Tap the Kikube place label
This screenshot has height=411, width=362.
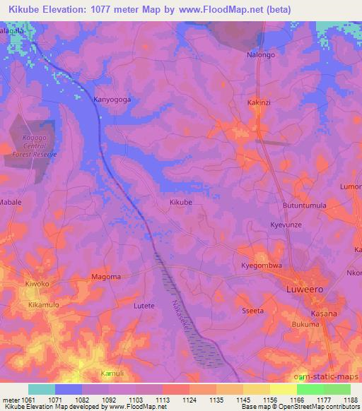click(x=181, y=202)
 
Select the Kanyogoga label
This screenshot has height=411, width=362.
click(x=112, y=100)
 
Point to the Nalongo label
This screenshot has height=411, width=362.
click(x=260, y=54)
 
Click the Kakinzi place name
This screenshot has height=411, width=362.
click(x=259, y=102)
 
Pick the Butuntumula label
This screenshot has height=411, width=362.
click(x=305, y=205)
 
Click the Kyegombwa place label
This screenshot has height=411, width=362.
click(x=262, y=266)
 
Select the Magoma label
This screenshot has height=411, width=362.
click(x=106, y=276)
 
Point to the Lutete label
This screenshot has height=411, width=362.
click(x=144, y=306)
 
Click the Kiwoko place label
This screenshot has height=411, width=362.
click(x=37, y=284)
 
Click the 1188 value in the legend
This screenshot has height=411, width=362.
click(x=351, y=399)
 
